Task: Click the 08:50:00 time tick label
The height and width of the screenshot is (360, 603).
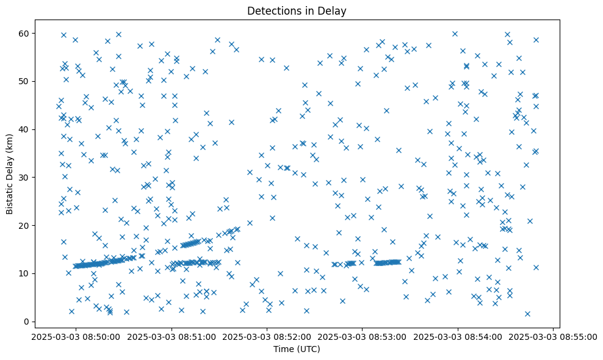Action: coord(76,336)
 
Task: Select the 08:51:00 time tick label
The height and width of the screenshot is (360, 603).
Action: coord(172,336)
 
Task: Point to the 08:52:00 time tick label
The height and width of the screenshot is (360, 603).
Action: coord(267,336)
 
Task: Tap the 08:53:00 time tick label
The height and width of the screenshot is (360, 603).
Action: coord(363,336)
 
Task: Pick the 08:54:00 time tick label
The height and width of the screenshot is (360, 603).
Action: coord(458,336)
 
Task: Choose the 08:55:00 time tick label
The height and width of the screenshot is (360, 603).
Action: coord(554,336)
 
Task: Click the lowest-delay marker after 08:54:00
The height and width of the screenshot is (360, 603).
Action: coord(527,314)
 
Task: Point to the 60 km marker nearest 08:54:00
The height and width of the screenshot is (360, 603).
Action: coord(455,34)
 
